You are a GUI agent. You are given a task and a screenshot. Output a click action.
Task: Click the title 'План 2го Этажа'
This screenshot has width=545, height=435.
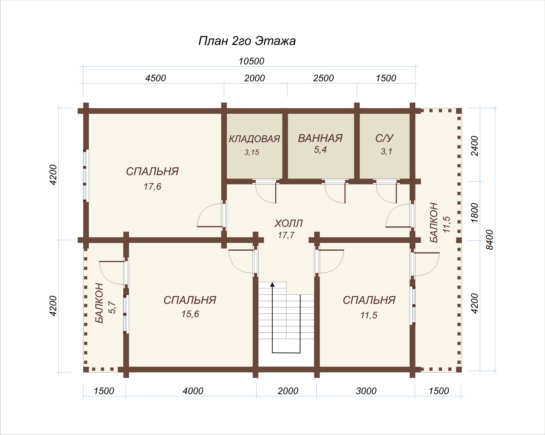(247, 41)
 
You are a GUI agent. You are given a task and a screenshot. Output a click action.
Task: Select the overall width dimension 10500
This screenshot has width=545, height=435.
(252, 61)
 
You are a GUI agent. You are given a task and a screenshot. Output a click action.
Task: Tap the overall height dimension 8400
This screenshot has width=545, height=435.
(490, 240)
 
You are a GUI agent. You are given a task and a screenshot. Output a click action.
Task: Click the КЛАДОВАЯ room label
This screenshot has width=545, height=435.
(254, 139)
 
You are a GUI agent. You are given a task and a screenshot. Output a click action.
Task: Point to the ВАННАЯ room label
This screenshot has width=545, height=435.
(320, 138)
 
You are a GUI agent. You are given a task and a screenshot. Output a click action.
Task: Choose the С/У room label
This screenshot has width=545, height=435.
(384, 138)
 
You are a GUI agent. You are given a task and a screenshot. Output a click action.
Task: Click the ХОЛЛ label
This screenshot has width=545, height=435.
(288, 223)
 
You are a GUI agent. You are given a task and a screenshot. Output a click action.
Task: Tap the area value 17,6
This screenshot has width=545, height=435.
(153, 187)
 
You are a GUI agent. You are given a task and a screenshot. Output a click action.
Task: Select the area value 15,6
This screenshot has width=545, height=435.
(190, 314)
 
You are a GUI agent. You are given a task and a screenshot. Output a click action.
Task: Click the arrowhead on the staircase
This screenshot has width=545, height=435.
(272, 284)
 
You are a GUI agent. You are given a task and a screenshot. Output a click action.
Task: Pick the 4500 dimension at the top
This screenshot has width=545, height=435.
(156, 78)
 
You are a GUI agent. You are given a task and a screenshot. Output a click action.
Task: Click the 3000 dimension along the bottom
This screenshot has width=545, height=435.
(366, 391)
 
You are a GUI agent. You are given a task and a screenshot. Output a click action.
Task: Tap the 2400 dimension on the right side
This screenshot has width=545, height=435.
(475, 146)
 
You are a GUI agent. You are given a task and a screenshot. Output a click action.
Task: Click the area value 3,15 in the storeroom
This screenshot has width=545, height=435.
(252, 152)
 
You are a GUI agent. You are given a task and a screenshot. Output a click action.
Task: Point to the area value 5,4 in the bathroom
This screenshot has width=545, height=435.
(320, 150)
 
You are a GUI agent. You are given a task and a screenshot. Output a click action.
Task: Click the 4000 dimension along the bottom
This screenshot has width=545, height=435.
(193, 391)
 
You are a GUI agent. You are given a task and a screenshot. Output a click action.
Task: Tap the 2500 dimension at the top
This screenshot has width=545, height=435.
(323, 78)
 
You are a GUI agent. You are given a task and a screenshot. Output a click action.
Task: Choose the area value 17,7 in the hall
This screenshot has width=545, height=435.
(286, 235)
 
